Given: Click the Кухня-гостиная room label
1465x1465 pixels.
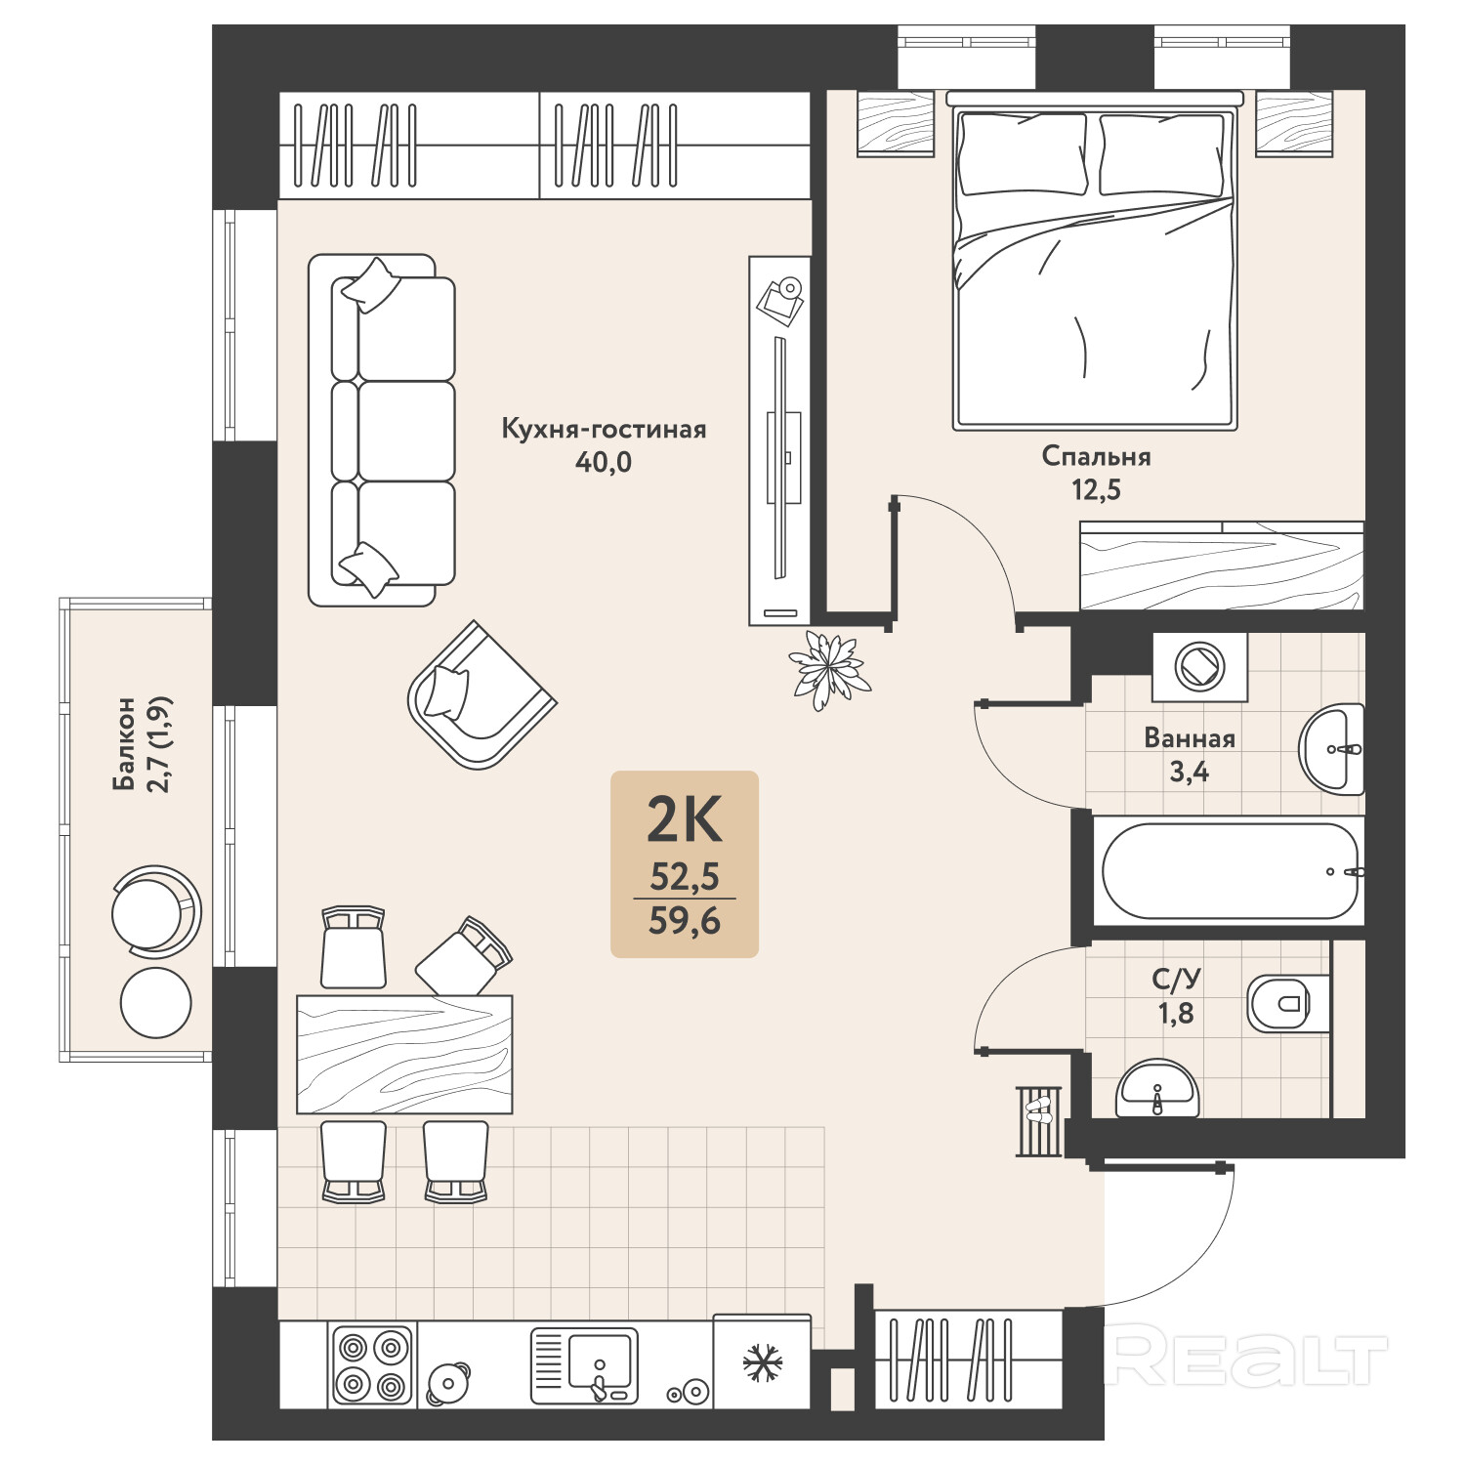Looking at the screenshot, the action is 604,430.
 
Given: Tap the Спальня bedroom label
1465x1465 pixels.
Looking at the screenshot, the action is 1096,457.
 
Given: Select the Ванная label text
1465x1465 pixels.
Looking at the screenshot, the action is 1190,738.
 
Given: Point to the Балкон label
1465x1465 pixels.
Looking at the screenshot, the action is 124,743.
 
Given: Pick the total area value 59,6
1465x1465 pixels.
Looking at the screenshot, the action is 685,920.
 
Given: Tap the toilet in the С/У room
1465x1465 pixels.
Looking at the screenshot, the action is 1278,1003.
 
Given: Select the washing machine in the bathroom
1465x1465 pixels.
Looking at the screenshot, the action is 1199,667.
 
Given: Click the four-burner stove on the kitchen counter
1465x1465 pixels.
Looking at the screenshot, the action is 372,1364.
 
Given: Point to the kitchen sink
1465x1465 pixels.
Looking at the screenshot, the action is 584,1364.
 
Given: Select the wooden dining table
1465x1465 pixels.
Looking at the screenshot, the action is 404,1054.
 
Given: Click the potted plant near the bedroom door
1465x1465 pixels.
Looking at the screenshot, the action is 829,668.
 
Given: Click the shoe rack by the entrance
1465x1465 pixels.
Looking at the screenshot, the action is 1038,1120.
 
